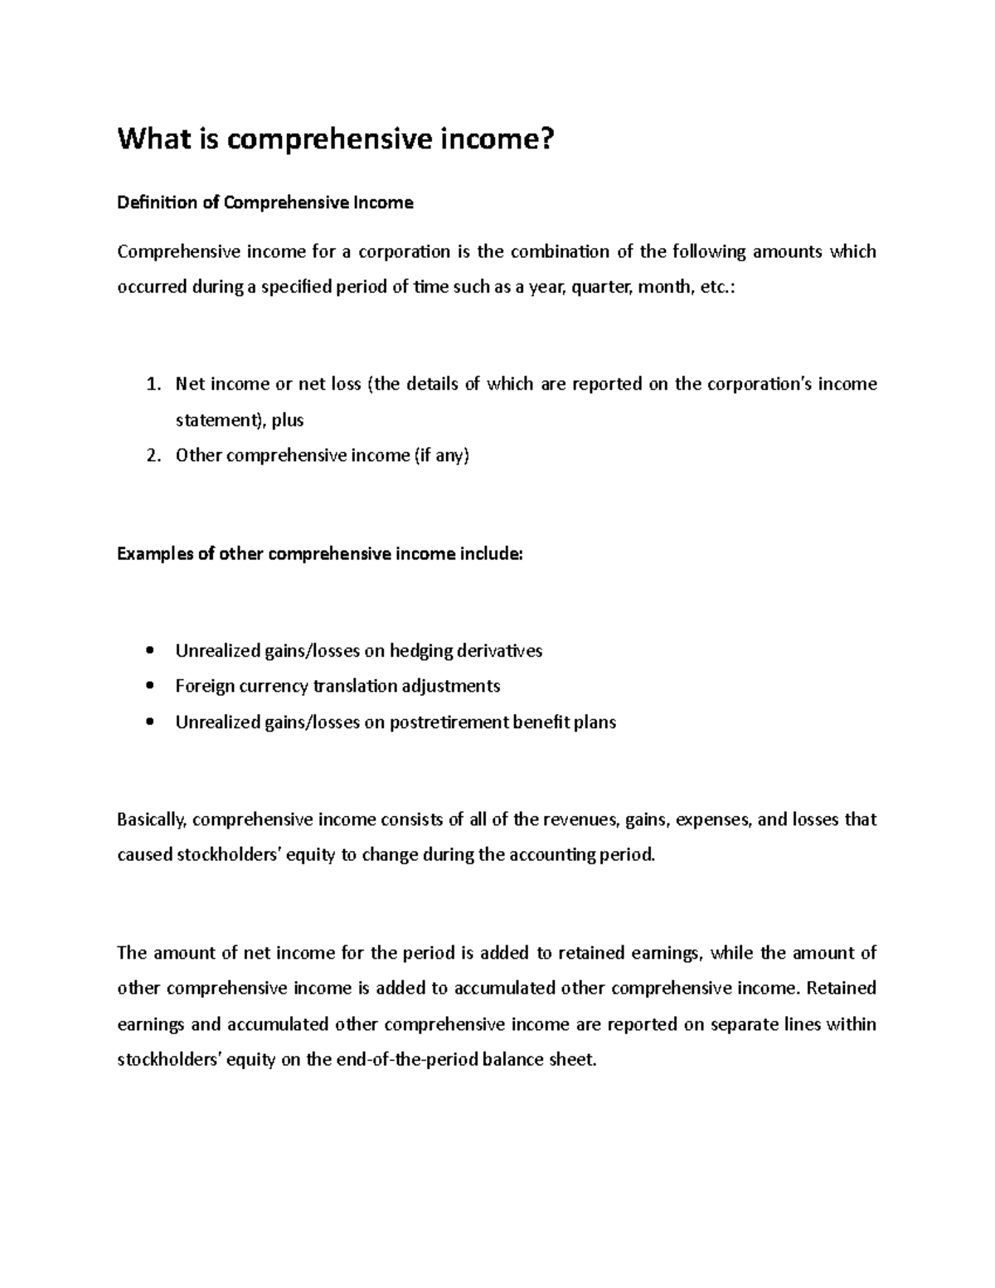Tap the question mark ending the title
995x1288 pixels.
tap(544, 140)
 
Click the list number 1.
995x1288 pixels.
tap(150, 384)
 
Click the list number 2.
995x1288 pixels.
tap(150, 455)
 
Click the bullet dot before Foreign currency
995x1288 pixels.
tap(149, 687)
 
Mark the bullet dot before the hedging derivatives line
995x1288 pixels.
tap(149, 651)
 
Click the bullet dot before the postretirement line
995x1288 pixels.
tap(149, 722)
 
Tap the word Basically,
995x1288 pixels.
tap(153, 820)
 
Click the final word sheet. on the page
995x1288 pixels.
tap(573, 1060)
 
